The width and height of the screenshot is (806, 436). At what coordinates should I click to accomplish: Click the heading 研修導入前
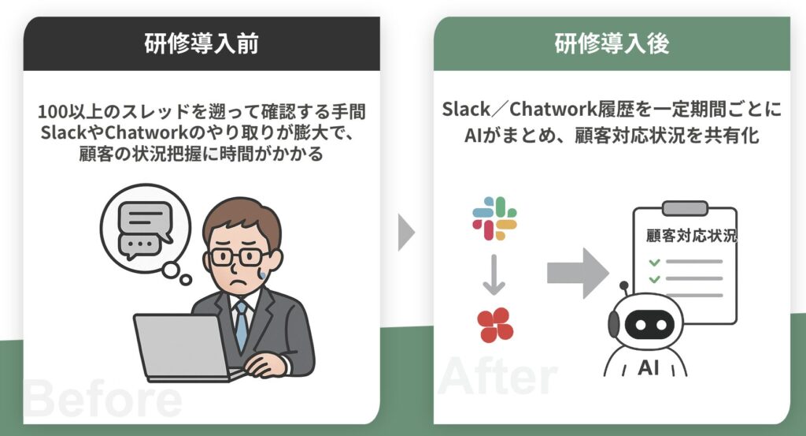tap(201, 43)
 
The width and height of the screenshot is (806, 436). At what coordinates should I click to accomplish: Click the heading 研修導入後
tap(612, 43)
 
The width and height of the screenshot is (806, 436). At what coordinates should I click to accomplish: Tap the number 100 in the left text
tap(52, 112)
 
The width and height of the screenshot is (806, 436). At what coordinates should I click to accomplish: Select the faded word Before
tap(103, 399)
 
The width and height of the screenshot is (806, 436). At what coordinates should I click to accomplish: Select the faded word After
tap(497, 376)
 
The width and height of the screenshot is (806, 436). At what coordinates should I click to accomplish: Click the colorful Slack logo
tap(494, 218)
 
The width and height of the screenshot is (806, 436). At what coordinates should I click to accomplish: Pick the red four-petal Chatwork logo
tap(495, 325)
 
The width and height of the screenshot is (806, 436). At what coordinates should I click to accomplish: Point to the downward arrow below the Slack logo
tap(494, 275)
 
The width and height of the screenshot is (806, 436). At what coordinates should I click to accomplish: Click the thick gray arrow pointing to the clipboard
tap(578, 273)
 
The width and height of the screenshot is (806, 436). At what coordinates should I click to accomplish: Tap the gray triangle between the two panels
tap(406, 232)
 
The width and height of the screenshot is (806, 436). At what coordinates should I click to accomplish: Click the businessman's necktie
tap(241, 324)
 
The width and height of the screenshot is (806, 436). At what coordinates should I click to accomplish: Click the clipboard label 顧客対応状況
tap(691, 236)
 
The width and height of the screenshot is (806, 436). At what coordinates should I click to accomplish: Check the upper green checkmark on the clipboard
tap(654, 262)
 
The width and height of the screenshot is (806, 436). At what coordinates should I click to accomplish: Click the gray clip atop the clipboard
tap(685, 208)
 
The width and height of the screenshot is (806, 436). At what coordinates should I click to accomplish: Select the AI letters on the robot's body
tap(649, 368)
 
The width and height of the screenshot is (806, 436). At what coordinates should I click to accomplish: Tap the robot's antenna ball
tap(624, 285)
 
